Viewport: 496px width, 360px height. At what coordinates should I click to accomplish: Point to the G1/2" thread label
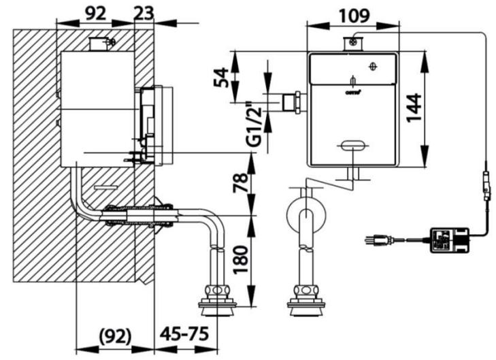click(x=254, y=122)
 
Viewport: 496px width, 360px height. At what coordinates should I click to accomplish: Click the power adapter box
click(x=446, y=240)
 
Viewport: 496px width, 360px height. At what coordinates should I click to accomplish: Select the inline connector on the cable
click(x=486, y=184)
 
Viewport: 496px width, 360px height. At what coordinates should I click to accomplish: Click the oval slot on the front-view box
click(x=352, y=144)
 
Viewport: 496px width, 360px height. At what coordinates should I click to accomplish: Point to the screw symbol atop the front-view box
click(x=352, y=43)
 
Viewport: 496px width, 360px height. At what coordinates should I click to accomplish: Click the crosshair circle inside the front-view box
click(x=371, y=67)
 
